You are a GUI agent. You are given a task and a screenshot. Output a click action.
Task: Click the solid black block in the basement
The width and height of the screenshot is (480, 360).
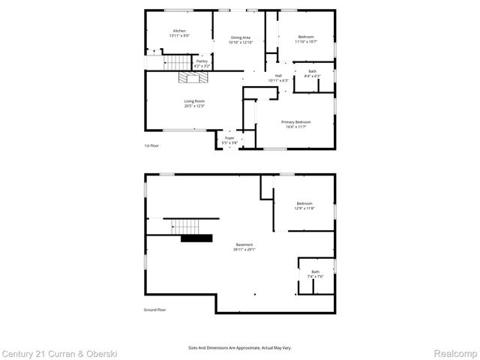[196, 238]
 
